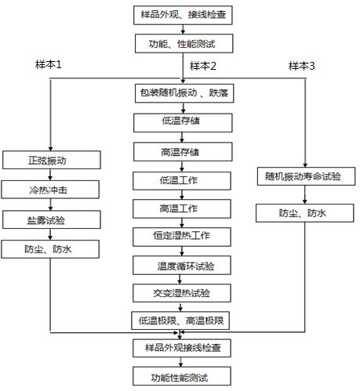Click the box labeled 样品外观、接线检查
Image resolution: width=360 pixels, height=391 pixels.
pyautogui.click(x=182, y=15)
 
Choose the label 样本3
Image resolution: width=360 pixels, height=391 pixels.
pyautogui.click(x=301, y=66)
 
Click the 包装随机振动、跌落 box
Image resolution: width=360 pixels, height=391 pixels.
pyautogui.click(x=182, y=94)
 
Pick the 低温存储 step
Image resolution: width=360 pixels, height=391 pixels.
pyautogui.click(x=182, y=122)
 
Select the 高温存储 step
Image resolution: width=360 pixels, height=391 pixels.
pyautogui.click(x=182, y=150)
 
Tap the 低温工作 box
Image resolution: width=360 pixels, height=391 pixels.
pyautogui.click(x=182, y=179)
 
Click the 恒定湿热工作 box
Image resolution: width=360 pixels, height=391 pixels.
pyautogui.click(x=182, y=236)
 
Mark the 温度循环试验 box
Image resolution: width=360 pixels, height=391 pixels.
pyautogui.click(x=182, y=265)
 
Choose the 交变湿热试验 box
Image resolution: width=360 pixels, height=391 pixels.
pyautogui.click(x=182, y=293)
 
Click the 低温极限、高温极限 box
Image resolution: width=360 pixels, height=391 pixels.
pyautogui.click(x=182, y=321)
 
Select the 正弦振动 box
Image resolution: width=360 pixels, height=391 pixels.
pyautogui.click(x=51, y=161)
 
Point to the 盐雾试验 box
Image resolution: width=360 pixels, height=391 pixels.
pyautogui.click(x=51, y=220)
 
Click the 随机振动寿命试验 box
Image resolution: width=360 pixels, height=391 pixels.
pyautogui.click(x=302, y=176)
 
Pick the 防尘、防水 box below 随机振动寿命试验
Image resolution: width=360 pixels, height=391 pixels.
pyautogui.click(x=302, y=212)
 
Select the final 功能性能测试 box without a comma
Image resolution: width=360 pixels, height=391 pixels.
pyautogui.click(x=182, y=376)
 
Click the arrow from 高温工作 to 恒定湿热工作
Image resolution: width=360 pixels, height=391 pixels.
pyautogui.click(x=182, y=222)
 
